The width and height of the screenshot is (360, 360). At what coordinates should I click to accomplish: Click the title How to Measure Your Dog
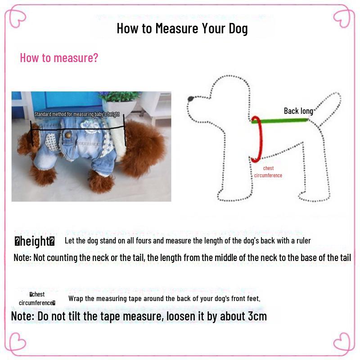coord(182,29)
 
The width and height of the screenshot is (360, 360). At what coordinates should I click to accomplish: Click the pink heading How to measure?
coord(59,58)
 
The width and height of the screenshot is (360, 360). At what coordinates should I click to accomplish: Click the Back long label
coord(298,111)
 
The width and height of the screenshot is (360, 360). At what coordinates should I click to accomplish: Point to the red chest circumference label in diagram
coord(268,172)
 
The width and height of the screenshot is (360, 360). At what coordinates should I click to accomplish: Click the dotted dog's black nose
coord(191,98)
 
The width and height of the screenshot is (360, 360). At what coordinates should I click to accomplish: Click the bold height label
coord(35,242)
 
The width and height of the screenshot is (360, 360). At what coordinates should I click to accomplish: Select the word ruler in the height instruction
coord(301,241)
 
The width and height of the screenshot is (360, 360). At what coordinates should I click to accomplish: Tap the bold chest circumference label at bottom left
coord(37,299)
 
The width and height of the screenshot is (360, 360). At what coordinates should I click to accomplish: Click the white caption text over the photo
coord(76,114)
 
